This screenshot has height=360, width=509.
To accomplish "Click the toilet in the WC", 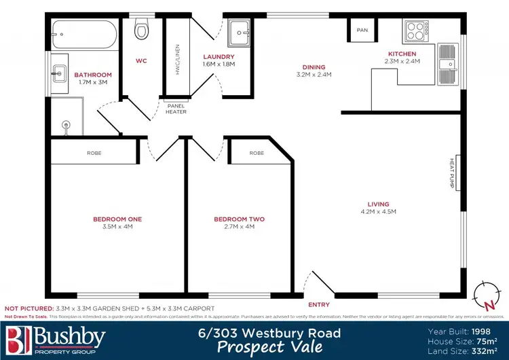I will coord(141,30).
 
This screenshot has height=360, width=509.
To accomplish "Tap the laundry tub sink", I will coord(239,31).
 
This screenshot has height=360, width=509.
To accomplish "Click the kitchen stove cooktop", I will coord(413,31).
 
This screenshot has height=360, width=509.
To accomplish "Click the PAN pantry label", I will coord(362,30).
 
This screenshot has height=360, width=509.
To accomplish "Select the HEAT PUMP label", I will coord(451,173).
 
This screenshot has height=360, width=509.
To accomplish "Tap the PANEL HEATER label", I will coord(176,109).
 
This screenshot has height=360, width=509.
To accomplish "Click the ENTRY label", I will coord(319,305).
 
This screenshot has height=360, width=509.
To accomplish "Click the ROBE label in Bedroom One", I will coord(94,154).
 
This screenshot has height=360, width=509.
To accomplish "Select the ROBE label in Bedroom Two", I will coord(257,154).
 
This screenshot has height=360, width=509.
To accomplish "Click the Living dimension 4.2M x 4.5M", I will coord(379,212).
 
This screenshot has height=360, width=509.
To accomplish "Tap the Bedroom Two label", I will coord(239,219).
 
